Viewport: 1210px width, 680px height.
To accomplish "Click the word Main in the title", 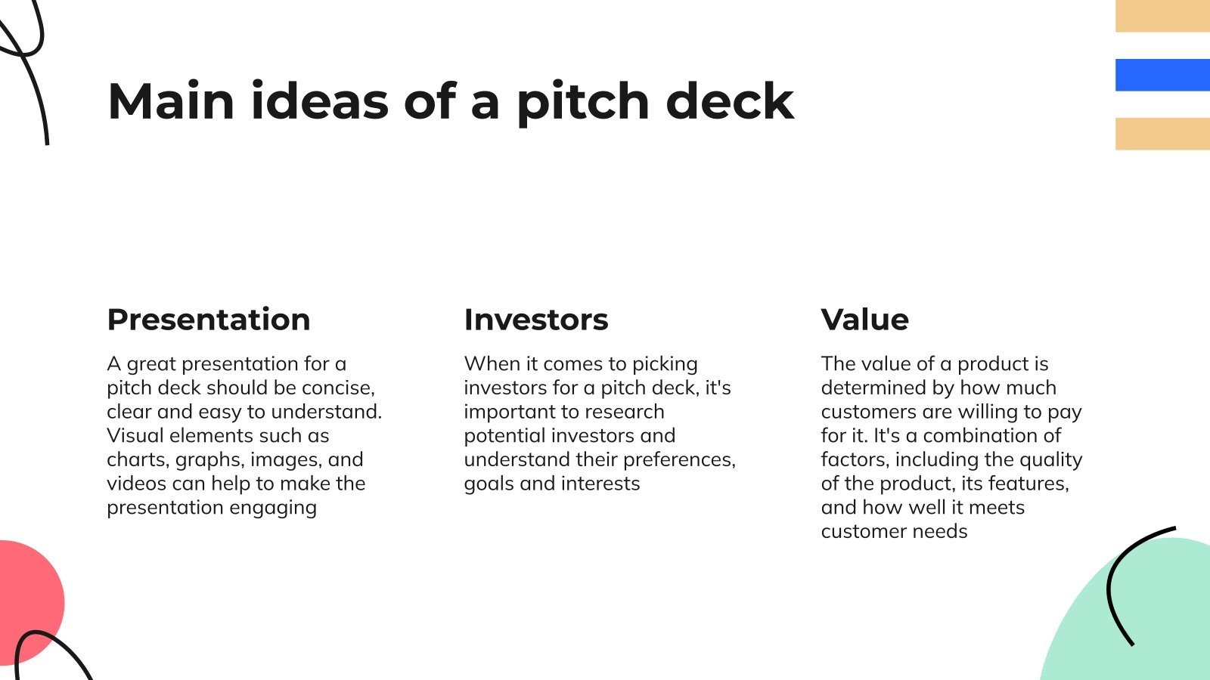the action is tap(171, 101).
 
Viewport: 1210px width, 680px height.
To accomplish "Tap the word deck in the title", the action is tap(731, 100).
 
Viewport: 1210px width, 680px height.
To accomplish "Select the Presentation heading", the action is tap(209, 320).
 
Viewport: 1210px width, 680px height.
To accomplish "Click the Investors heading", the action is tap(536, 320).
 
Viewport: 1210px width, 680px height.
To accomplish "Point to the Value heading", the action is tap(865, 320).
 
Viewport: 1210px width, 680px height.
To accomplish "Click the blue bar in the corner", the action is tap(1162, 75).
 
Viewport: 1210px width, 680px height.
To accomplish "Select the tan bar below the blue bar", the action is tap(1162, 134).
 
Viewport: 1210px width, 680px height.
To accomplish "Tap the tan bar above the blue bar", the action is tap(1162, 16).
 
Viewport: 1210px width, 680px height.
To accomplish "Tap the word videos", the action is tap(137, 484).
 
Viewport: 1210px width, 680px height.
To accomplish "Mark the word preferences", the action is tap(679, 460).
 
